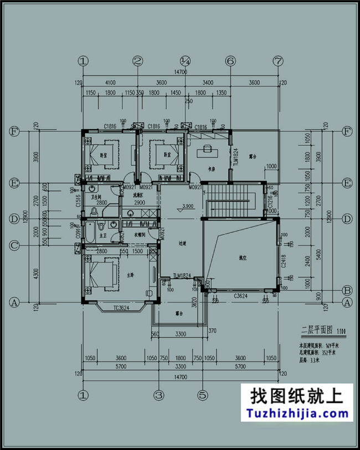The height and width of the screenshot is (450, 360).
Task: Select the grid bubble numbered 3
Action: point(159,395)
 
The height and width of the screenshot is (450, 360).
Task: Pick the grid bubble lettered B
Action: point(347,290)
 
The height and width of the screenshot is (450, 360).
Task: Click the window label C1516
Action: point(78,201)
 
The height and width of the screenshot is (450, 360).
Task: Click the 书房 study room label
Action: point(211,169)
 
